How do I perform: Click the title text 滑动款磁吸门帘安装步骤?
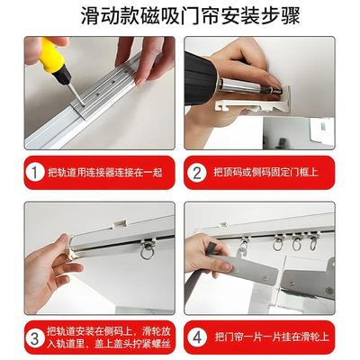(180, 16)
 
